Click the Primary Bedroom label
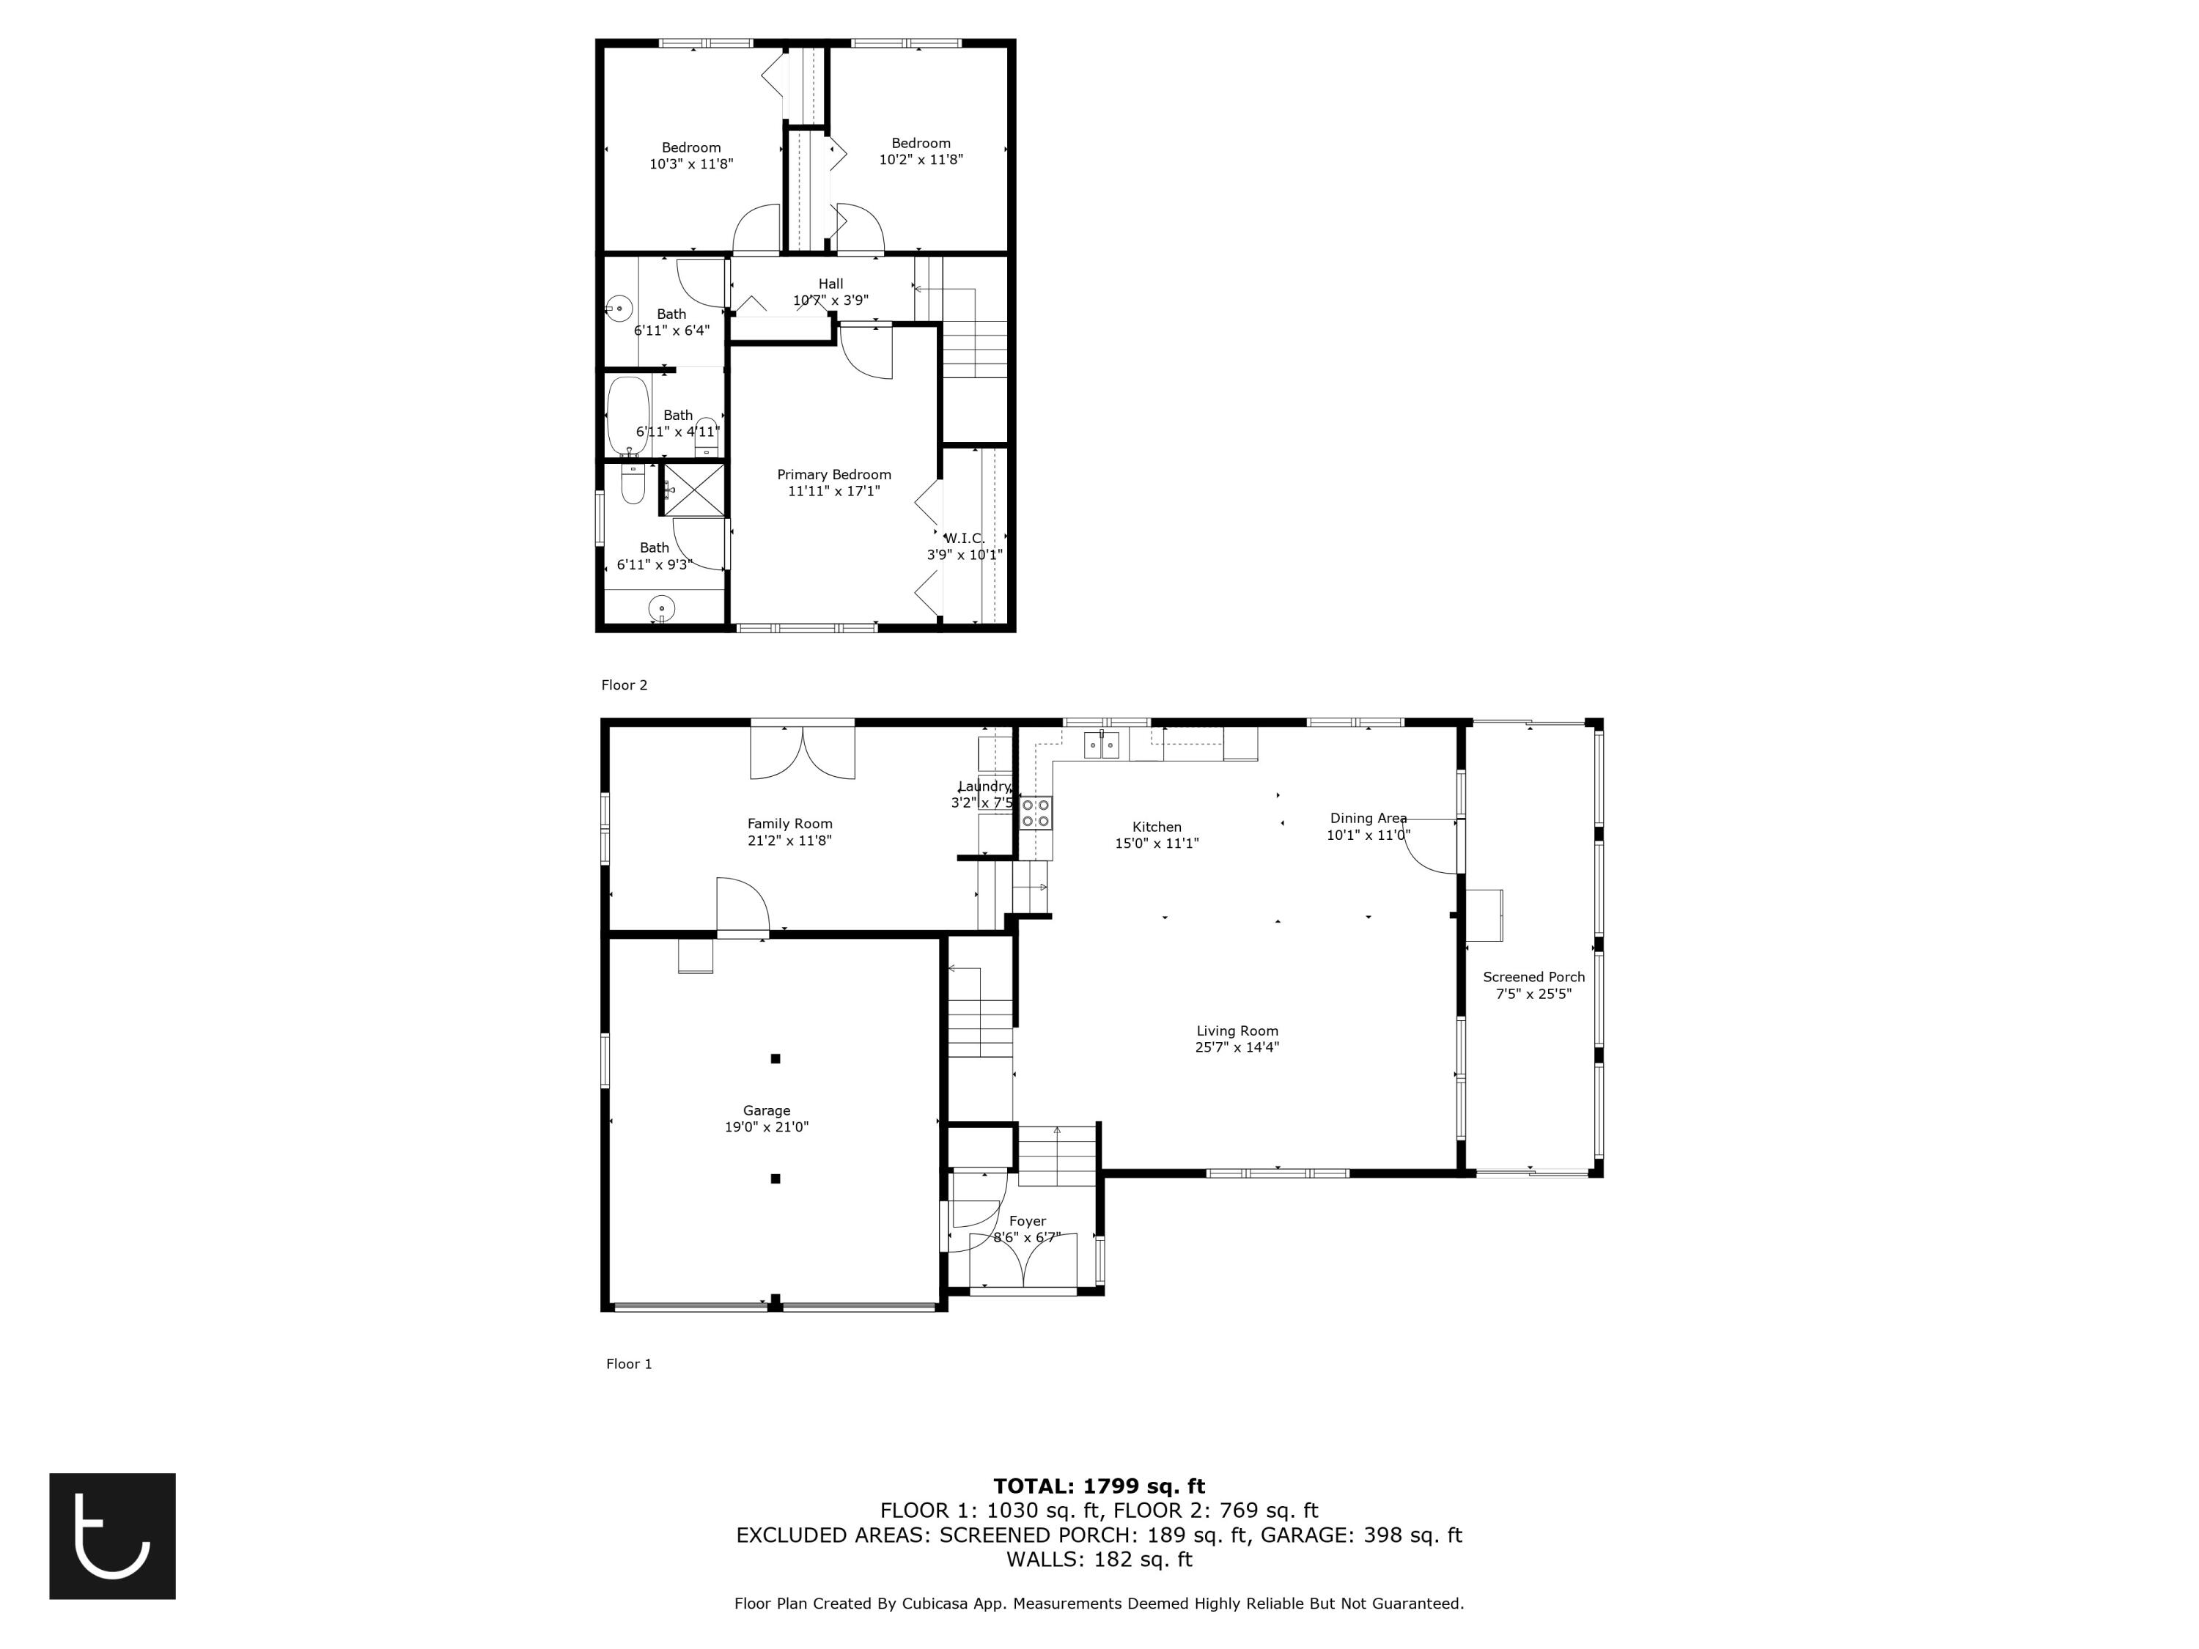click(x=833, y=475)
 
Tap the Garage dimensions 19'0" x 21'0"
click(x=767, y=1127)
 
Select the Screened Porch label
click(x=1533, y=977)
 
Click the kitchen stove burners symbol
click(x=1035, y=813)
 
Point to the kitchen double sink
click(x=1102, y=743)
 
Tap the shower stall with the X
click(x=694, y=489)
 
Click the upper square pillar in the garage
click(x=776, y=1058)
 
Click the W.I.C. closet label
click(x=963, y=539)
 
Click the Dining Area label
click(x=1368, y=818)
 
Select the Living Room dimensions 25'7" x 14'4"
click(x=1237, y=1047)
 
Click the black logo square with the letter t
click(x=112, y=1535)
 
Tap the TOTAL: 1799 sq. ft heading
click(x=1099, y=1486)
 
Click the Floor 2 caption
click(x=625, y=685)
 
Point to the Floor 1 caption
click(x=629, y=1364)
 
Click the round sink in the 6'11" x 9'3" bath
click(x=661, y=608)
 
